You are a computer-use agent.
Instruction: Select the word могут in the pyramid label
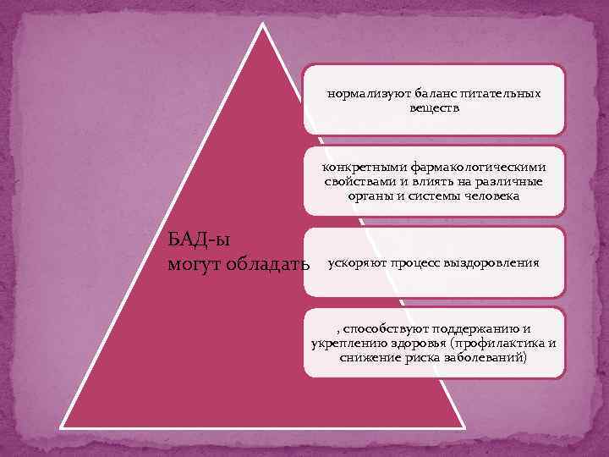193,265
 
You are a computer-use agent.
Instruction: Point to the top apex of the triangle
263,25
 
